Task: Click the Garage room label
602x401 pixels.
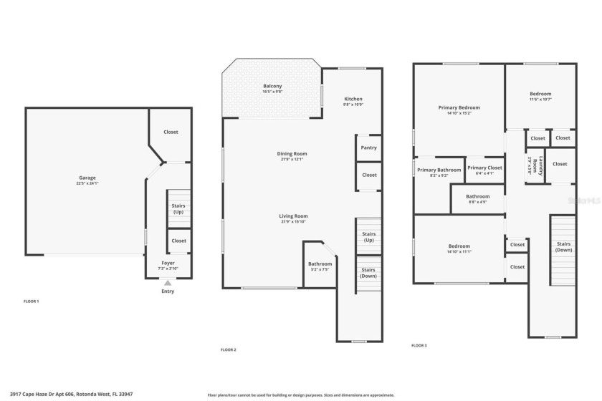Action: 87,178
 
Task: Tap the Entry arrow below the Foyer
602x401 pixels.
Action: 168,283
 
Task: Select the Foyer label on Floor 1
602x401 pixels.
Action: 168,263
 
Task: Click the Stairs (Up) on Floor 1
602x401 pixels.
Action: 178,208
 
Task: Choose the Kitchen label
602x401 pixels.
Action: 353,99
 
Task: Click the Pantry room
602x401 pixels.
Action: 369,148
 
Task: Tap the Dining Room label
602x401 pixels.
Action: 292,153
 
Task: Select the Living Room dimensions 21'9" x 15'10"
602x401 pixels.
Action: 293,222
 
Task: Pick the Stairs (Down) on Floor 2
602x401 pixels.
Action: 369,273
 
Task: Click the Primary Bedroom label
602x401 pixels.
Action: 459,107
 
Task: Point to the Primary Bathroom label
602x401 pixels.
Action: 439,170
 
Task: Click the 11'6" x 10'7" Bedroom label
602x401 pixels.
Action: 540,94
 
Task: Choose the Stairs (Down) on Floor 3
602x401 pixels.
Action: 563,247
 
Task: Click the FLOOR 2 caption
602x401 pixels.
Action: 229,349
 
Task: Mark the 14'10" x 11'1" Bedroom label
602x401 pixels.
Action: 459,246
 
